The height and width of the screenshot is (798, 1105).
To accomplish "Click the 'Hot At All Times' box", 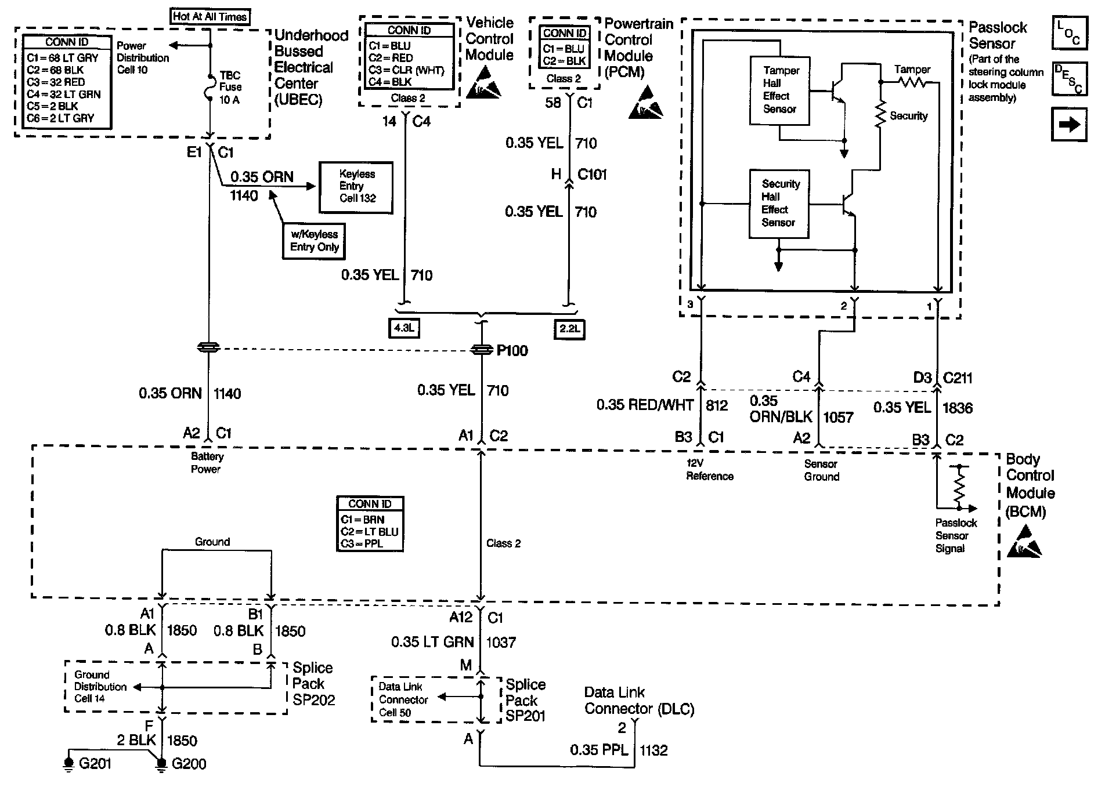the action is pyautogui.click(x=210, y=17).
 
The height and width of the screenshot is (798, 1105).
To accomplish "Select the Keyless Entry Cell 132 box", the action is pyautogui.click(x=356, y=187).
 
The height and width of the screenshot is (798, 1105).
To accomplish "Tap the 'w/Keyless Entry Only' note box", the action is pyautogui.click(x=314, y=241).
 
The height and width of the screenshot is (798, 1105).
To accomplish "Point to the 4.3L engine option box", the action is pyautogui.click(x=404, y=329).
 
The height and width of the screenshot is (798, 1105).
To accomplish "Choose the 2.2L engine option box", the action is pyautogui.click(x=569, y=329).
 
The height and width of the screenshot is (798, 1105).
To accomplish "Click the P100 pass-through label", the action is pyautogui.click(x=512, y=350).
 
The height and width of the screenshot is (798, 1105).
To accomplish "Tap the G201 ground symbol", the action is pyautogui.click(x=68, y=764).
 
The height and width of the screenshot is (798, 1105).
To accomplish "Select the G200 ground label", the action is pyautogui.click(x=189, y=764).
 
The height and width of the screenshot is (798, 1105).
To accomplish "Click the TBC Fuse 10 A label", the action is pyautogui.click(x=230, y=87).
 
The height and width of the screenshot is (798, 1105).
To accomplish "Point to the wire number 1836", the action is pyautogui.click(x=957, y=408).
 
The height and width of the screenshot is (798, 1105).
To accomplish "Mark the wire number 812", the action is pyautogui.click(x=717, y=405).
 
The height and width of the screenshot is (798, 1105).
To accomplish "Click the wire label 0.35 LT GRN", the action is pyautogui.click(x=432, y=642).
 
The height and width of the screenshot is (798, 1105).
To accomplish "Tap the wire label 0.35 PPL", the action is pyautogui.click(x=599, y=750).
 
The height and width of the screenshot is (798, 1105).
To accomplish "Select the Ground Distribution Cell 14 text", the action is pyautogui.click(x=100, y=687).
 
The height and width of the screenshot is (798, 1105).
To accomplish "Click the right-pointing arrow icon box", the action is pyautogui.click(x=1069, y=125).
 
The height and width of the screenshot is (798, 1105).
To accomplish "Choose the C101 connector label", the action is pyautogui.click(x=592, y=175).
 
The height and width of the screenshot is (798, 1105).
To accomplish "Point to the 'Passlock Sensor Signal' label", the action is pyautogui.click(x=956, y=535).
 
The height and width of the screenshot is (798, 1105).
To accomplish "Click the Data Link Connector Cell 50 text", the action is pyautogui.click(x=403, y=699).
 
